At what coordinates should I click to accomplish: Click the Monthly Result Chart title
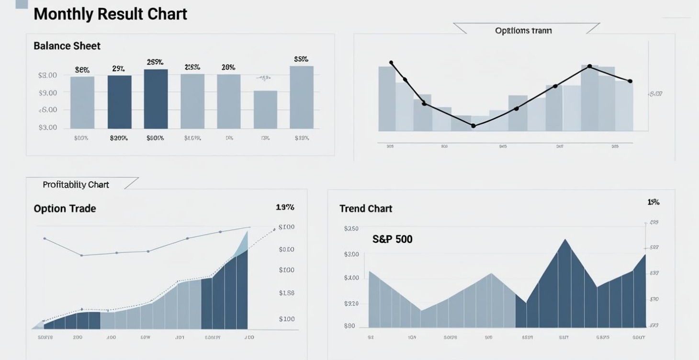110,13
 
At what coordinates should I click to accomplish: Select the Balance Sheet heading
67,46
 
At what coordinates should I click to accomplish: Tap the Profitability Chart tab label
76,184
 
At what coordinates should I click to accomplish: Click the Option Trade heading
65,208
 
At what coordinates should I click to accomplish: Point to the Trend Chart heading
366,208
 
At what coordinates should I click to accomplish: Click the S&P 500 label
392,239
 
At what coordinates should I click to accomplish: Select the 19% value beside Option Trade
285,207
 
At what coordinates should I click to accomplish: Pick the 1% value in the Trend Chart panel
653,202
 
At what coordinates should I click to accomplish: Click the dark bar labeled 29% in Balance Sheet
119,101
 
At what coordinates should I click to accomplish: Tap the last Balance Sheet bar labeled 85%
302,97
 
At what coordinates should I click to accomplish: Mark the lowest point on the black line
473,126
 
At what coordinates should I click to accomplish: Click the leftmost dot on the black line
391,63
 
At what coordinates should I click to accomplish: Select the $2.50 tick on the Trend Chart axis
351,229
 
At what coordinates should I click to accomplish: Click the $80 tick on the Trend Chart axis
349,326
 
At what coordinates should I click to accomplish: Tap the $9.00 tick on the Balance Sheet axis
47,92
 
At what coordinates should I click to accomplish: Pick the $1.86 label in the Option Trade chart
286,293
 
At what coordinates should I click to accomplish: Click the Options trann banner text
523,31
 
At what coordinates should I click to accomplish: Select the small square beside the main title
22,4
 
